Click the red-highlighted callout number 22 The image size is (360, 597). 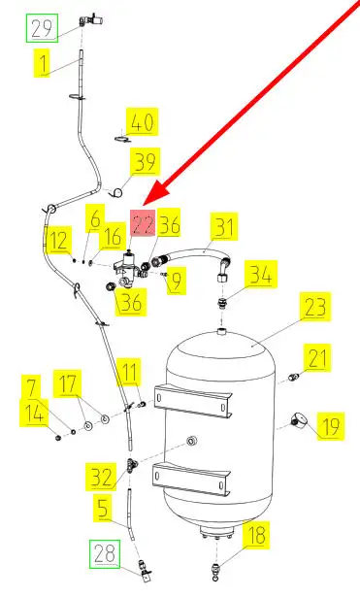pos(143,223)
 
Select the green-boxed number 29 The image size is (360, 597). pos(42,28)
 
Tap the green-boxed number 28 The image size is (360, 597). pos(105,554)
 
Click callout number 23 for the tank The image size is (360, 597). pos(315,307)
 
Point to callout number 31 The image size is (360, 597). pos(224,226)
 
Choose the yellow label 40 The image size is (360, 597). pos(143,122)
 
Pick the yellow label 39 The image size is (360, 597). pos(145,162)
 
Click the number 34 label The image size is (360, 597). pos(261,274)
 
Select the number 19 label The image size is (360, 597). pos(330,426)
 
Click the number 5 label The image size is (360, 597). pos(103,509)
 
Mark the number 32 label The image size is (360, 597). pos(101,477)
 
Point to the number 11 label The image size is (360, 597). pos(129,372)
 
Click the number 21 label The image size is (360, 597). pos(316,358)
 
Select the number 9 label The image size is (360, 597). pos(177,281)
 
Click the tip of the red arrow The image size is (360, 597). pos(145,206)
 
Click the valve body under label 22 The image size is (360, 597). pos(127,267)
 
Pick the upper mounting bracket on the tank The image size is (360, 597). pos(193,400)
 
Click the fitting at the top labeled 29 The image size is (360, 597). pos(91,19)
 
